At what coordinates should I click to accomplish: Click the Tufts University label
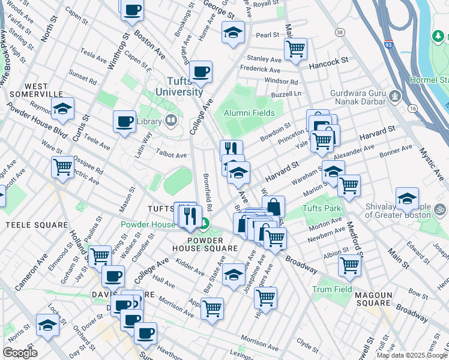[x=179, y=86]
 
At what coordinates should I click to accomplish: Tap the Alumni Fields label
[x=249, y=113]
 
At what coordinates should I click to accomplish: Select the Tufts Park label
[x=322, y=208]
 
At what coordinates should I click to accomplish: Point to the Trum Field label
[x=331, y=289]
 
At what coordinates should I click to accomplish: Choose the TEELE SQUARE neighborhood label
[x=36, y=225]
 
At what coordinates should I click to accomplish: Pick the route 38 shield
[x=340, y=31]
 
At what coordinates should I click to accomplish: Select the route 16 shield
[x=412, y=109]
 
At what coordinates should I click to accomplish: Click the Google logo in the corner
[x=20, y=353]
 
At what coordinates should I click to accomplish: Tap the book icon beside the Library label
[x=171, y=121]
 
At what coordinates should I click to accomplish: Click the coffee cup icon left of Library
[x=124, y=122]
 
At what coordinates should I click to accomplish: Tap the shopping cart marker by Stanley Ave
[x=295, y=49]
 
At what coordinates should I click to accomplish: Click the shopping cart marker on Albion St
[x=349, y=265]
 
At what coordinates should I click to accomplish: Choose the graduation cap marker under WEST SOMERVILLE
[x=62, y=109]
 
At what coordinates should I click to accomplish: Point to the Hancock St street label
[x=328, y=61]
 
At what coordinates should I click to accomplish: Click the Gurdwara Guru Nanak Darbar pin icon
[x=395, y=95]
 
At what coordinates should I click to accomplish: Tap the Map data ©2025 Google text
[x=412, y=355]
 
